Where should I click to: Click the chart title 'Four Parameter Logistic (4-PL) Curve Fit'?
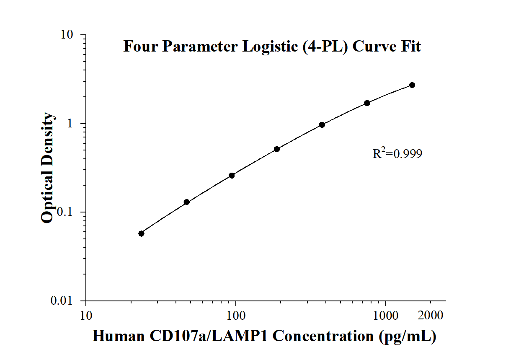point(272,46)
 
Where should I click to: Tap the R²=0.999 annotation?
point(397,154)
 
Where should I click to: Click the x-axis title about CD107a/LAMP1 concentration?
point(264,336)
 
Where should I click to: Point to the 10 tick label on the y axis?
point(68,35)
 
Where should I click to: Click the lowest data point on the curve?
point(141,233)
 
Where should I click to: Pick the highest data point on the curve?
point(412,85)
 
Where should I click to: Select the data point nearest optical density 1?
point(322,125)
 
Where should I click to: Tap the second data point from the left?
point(187,202)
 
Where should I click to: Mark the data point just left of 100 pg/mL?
point(232,176)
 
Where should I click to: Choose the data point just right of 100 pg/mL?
point(277,149)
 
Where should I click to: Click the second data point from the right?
point(367,103)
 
